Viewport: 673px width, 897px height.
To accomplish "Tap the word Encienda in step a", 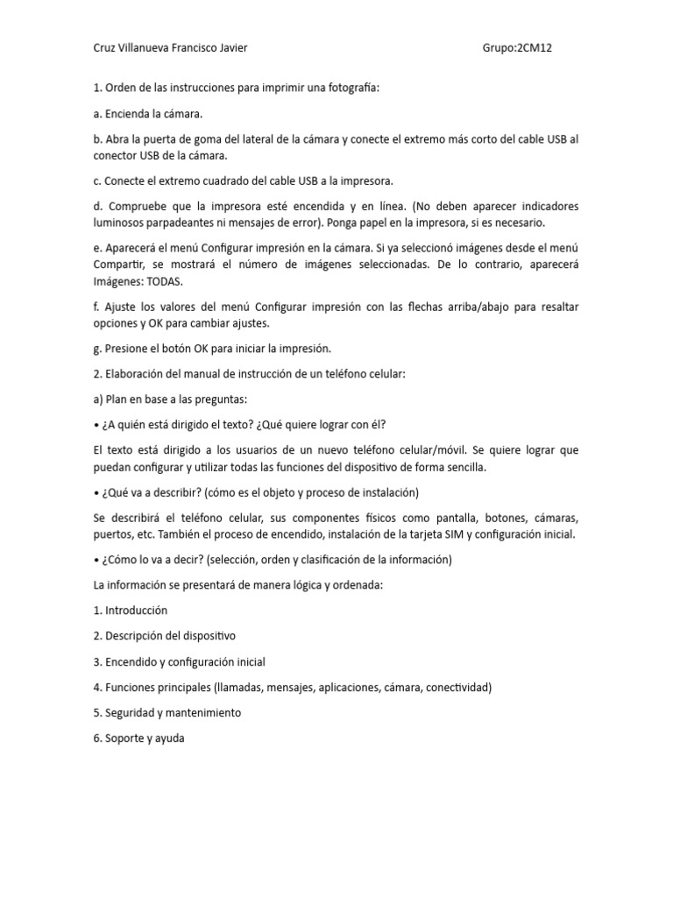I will tap(127, 114).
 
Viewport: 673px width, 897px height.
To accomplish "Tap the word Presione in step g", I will tap(126, 349).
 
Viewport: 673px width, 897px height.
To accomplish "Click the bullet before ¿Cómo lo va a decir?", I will tap(96, 560).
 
